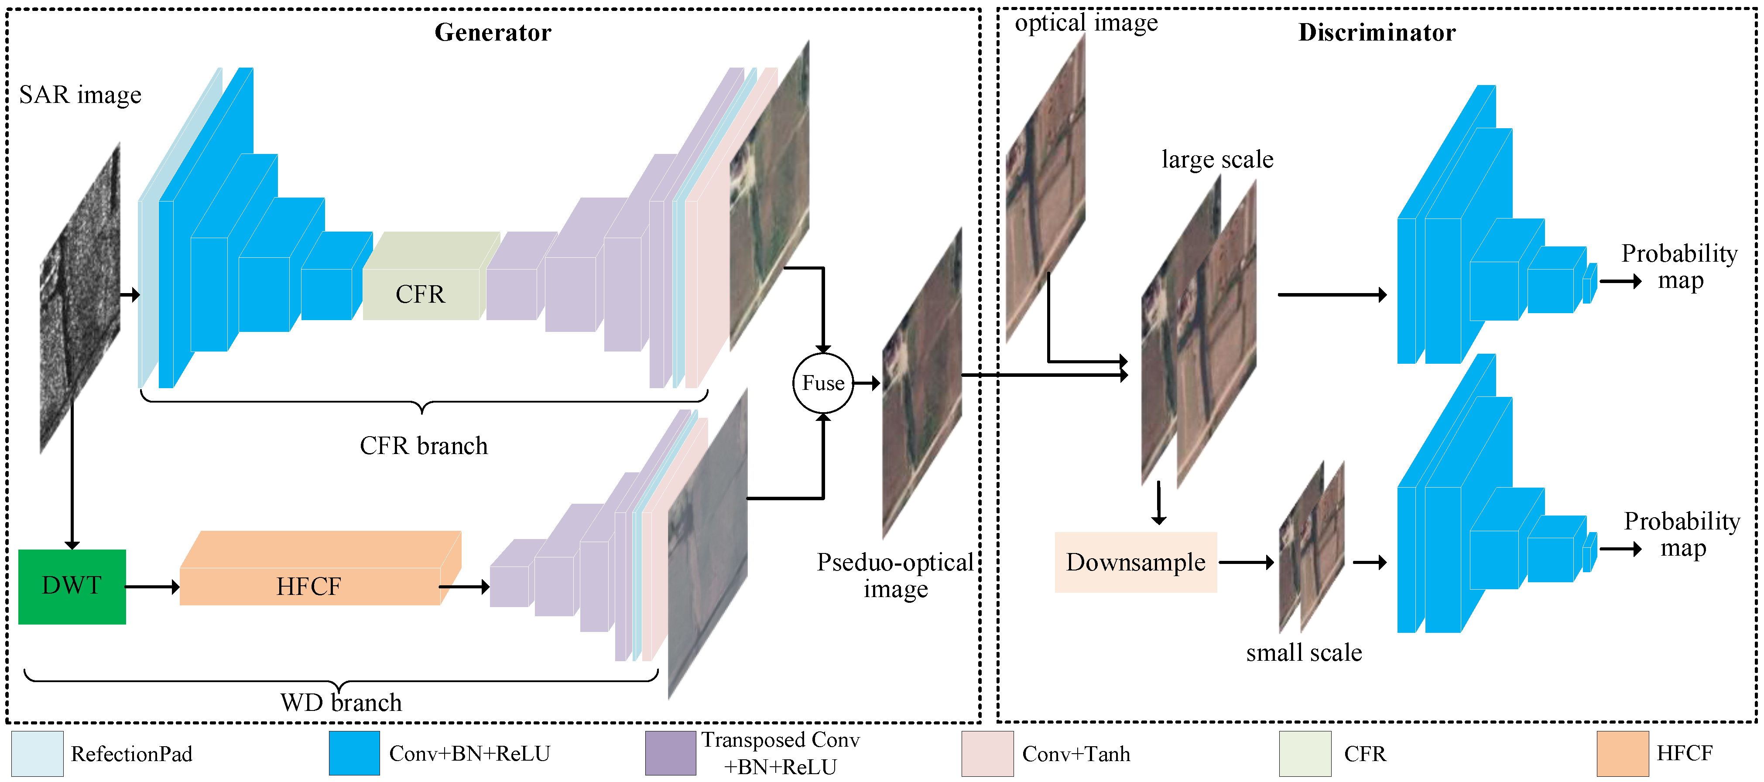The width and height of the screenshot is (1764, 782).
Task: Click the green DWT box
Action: click(72, 586)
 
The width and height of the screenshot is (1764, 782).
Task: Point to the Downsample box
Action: click(1135, 562)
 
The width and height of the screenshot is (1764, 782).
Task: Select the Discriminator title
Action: click(1377, 32)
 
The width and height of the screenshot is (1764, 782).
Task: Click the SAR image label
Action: click(80, 95)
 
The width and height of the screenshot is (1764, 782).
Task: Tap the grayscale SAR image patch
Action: click(80, 298)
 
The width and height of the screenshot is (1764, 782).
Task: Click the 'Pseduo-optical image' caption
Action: click(895, 575)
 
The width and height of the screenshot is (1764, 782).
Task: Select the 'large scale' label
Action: click(1217, 160)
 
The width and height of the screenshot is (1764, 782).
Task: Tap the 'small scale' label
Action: click(1303, 652)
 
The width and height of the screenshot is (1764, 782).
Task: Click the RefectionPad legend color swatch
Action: click(38, 753)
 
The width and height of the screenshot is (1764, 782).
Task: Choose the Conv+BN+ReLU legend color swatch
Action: click(354, 753)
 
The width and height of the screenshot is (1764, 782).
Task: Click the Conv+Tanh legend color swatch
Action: click(987, 753)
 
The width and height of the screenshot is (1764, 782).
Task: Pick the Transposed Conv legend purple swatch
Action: click(671, 753)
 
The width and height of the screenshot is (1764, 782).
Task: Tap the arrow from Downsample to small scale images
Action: click(1246, 562)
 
